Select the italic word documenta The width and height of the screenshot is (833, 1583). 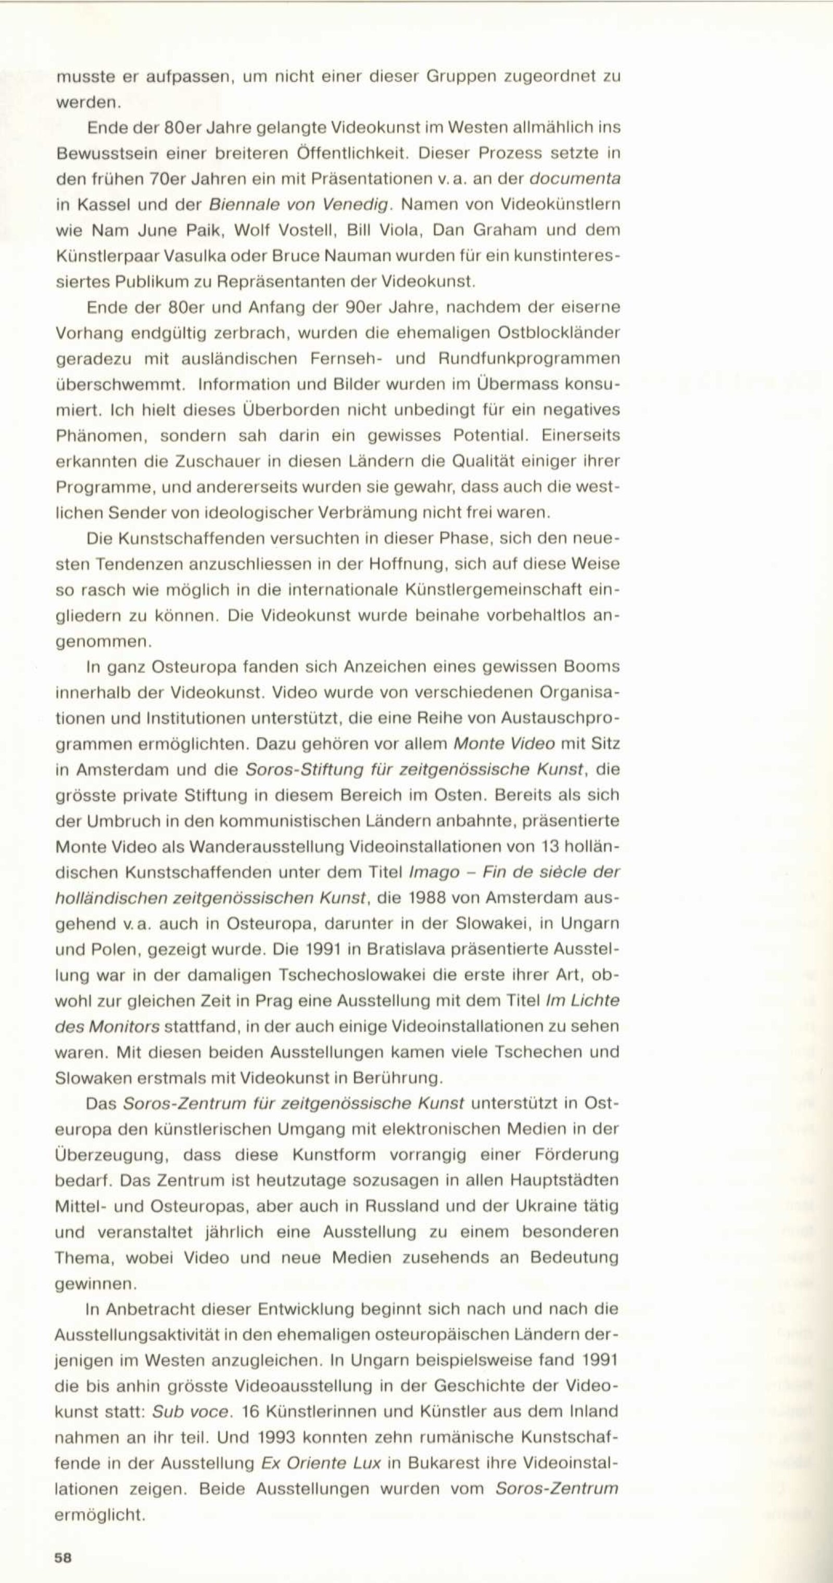[574, 179]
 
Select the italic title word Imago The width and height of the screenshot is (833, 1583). [434, 872]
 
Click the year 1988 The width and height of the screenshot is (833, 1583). [426, 898]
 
